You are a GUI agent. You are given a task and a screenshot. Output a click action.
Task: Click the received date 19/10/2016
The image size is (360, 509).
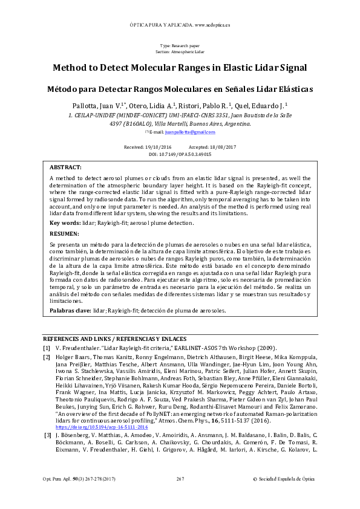coord(158,148)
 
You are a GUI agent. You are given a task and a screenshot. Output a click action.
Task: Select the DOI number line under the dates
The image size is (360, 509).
coord(180,155)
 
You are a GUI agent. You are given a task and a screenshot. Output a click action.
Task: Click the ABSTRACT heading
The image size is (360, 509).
coord(65,167)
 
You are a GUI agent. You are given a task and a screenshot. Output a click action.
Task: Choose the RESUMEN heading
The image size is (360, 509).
coord(64,233)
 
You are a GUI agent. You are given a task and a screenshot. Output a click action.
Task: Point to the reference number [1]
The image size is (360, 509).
coord(47,348)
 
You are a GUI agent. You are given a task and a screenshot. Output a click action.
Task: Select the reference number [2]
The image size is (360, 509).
coord(47,358)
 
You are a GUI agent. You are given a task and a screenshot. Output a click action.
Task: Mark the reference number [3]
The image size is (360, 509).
coord(47,452)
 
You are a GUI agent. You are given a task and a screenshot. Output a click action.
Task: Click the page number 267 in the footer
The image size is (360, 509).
coord(180,496)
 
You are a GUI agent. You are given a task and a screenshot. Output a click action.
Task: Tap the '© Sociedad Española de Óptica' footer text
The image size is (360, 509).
coord(283,496)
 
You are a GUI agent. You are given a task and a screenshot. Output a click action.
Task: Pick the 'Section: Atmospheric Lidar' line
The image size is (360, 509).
coord(180,52)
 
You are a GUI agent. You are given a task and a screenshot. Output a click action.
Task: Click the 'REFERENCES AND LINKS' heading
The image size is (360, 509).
coord(79,339)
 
